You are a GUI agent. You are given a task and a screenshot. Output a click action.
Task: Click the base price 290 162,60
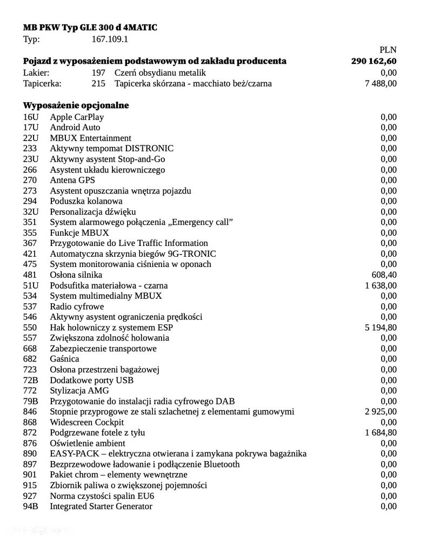pyautogui.click(x=373, y=61)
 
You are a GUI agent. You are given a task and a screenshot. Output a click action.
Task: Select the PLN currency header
pyautogui.click(x=388, y=50)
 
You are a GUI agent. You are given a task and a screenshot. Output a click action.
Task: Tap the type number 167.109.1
pyautogui.click(x=110, y=39)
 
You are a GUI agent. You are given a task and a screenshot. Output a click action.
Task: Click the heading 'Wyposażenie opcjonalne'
pyautogui.click(x=76, y=105)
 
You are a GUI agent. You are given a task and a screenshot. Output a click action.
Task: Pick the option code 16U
pyautogui.click(x=30, y=117)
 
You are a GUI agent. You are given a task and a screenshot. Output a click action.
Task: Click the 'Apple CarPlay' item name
pyautogui.click(x=77, y=117)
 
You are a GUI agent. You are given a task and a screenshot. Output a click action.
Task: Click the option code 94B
pyautogui.click(x=31, y=506)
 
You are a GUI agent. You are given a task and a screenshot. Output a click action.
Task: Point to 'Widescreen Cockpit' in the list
pyautogui.click(x=87, y=422)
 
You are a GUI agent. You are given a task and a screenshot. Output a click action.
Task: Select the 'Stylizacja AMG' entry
pyautogui.click(x=79, y=391)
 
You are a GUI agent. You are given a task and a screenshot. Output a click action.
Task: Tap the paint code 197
pyautogui.click(x=99, y=72)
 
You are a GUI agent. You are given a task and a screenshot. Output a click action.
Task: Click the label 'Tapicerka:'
pyautogui.click(x=43, y=83)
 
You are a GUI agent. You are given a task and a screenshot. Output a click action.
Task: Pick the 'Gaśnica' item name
pyautogui.click(x=64, y=359)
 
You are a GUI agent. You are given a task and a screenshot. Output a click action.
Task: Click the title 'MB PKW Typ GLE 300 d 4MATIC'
pyautogui.click(x=90, y=28)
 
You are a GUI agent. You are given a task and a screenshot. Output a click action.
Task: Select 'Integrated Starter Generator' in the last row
pyautogui.click(x=101, y=506)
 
